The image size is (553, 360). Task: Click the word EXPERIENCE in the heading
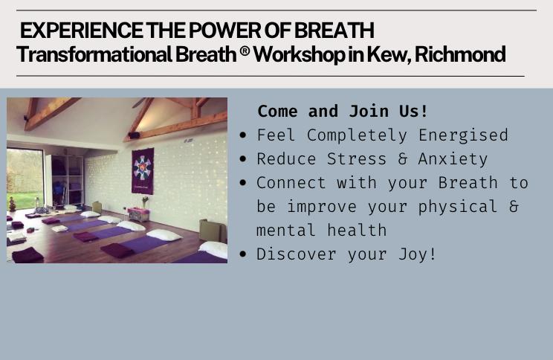point(82,30)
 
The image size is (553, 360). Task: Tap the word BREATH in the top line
point(334,30)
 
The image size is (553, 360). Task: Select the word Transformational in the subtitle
point(94,54)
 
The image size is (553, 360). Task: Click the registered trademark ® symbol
point(245,51)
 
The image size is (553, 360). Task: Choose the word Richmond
point(460,54)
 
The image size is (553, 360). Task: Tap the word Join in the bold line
point(369,111)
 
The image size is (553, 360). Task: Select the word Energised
point(463,135)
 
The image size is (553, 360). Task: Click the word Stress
point(357,159)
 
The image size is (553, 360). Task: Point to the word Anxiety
point(453,159)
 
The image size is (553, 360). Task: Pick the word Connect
point(291,183)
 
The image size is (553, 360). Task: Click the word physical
point(457,208)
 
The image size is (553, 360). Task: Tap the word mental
point(285,231)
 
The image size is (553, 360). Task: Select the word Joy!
point(418,255)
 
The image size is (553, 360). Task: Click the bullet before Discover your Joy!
point(242,254)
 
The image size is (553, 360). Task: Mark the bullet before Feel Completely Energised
point(242,135)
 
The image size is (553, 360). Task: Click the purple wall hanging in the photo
point(143,171)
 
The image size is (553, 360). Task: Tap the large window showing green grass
point(25,179)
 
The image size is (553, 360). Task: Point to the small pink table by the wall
point(138,214)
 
